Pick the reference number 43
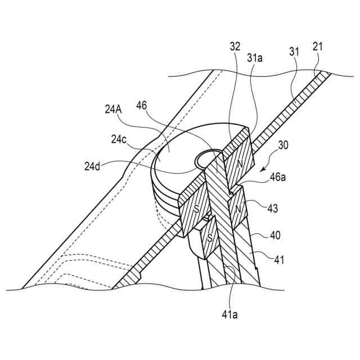(272, 208)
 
